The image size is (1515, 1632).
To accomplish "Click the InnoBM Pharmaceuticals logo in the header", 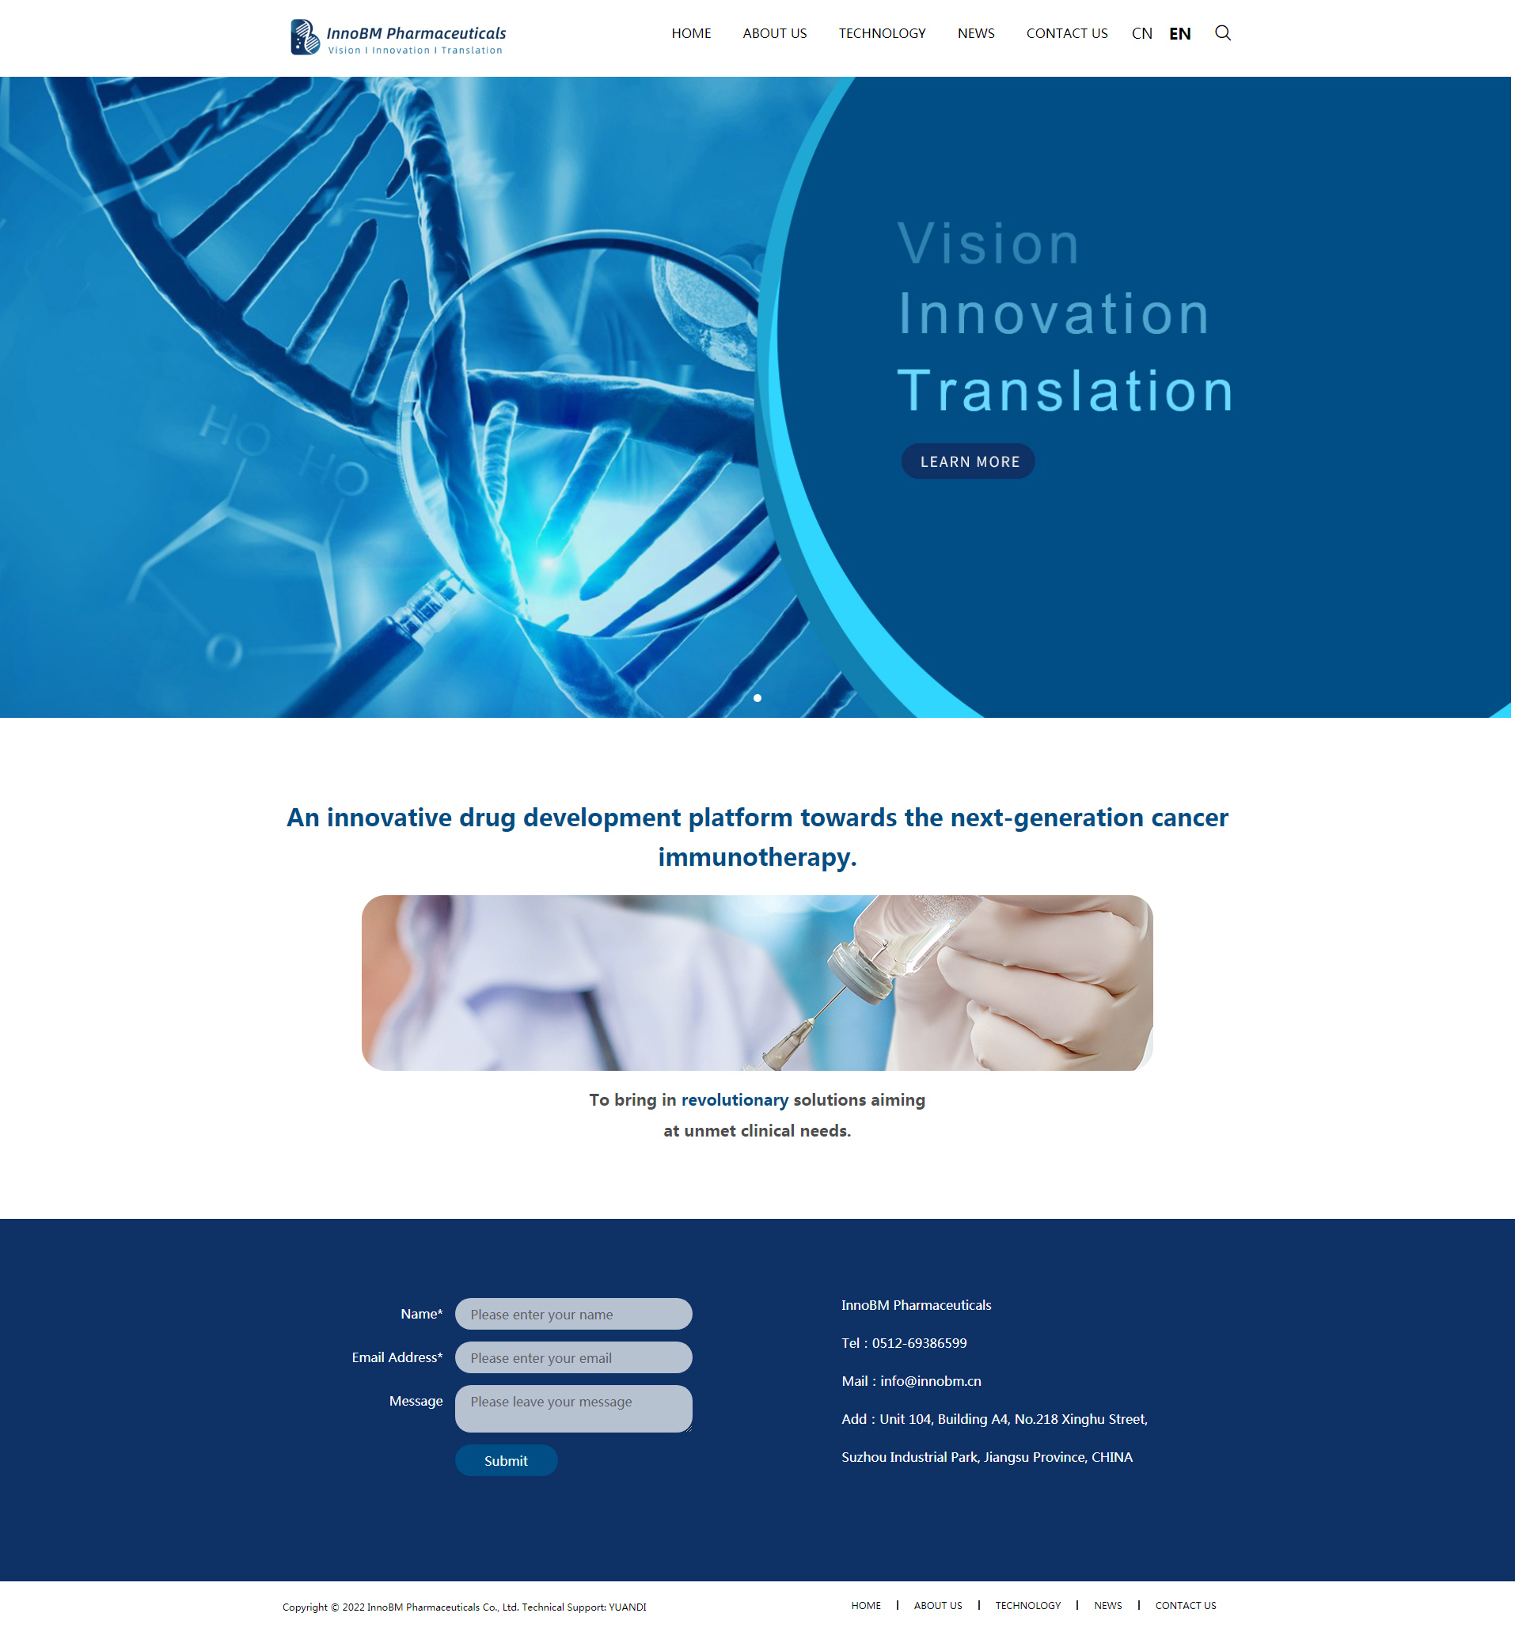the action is point(398,37).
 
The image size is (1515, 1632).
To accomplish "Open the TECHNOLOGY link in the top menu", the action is point(882,33).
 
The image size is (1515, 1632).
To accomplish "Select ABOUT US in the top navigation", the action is point(775,33).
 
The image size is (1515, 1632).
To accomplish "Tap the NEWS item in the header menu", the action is point(975,33).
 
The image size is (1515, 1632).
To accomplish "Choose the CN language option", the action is point(1142,33).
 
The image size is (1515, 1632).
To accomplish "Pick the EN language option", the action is point(1179,33).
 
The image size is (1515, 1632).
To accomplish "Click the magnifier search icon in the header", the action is point(1222,32).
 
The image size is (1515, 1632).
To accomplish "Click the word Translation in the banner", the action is point(1065,390).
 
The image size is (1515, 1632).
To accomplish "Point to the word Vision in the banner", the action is point(989,244).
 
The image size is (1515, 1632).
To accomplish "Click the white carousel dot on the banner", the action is point(757,697).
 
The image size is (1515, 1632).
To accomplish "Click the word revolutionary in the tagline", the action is point(735,1099).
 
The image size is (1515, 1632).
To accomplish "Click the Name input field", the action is point(574,1314).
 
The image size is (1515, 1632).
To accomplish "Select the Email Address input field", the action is point(574,1357).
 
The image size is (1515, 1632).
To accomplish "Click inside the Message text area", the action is point(574,1408).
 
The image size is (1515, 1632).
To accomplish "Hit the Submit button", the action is point(506,1461).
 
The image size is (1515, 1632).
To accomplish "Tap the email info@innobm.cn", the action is point(931,1381).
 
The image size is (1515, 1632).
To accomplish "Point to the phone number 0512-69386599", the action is point(919,1342).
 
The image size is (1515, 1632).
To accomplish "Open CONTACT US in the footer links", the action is point(1186,1605).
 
